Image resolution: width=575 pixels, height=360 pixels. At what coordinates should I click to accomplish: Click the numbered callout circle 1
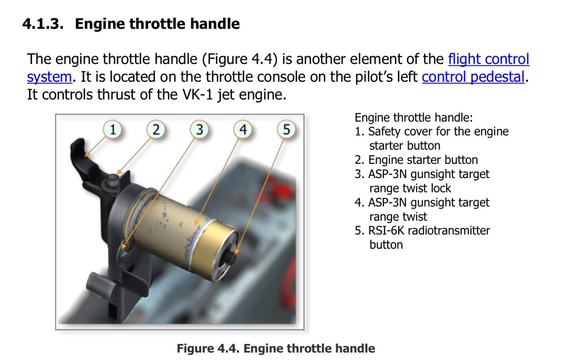coord(112,129)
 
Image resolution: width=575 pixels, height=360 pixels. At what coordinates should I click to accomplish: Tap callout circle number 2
coord(156,129)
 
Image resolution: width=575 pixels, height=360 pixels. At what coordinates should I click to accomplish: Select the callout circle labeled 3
coord(199,129)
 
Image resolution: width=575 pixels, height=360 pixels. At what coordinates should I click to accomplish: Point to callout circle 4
coord(243,129)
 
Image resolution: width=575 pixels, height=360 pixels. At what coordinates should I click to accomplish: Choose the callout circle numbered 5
coord(286,129)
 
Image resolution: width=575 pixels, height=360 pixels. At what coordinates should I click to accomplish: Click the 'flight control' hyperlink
coord(489,59)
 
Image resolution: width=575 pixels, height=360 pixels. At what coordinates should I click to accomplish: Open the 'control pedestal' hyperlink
coord(473,77)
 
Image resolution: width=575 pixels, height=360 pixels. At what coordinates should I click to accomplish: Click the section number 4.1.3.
coord(43,24)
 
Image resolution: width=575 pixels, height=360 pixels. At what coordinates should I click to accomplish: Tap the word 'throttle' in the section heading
coord(157,24)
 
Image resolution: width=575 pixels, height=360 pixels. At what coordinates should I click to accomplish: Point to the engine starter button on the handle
coord(112,179)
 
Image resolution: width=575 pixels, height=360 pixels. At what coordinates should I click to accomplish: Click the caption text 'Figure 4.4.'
coord(208,349)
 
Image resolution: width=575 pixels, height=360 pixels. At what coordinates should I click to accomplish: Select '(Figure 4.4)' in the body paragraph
coord(240,59)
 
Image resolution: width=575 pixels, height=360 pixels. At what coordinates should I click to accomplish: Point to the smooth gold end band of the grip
coord(217,246)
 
